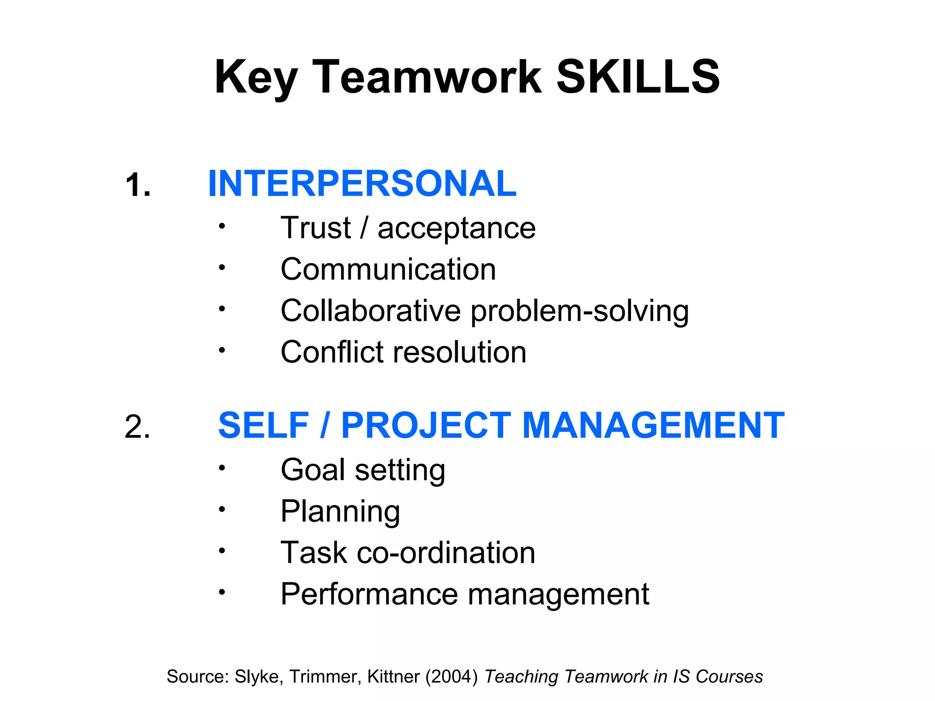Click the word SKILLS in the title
(x=638, y=77)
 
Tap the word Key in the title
(x=256, y=78)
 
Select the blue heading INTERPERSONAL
(x=362, y=183)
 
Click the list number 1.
(x=137, y=185)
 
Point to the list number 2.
(x=137, y=427)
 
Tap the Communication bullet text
(x=388, y=269)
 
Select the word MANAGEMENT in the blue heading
(x=653, y=425)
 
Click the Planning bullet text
(x=340, y=512)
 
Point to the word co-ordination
(x=446, y=553)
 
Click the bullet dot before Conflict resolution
(x=222, y=350)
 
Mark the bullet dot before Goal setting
(x=222, y=468)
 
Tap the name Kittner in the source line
(x=393, y=677)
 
